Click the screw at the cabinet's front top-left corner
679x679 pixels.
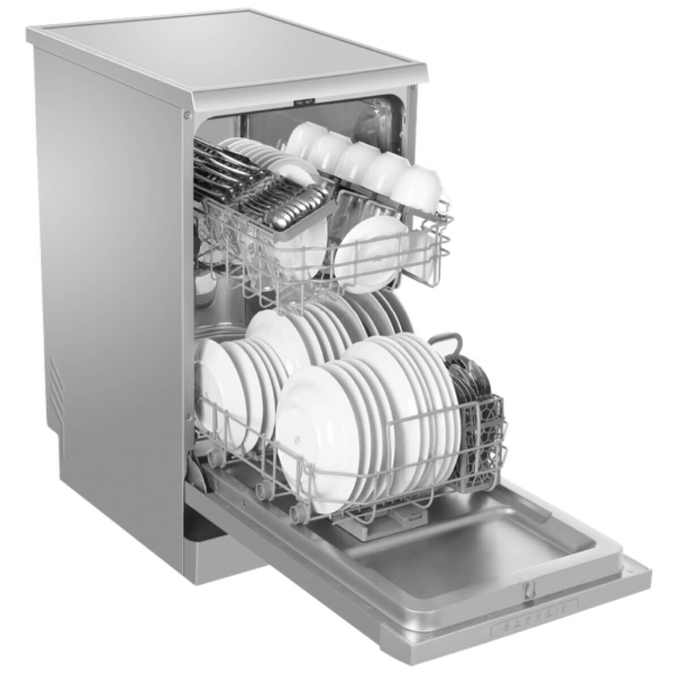pos(186,115)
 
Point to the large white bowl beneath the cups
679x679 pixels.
pos(371,246)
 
